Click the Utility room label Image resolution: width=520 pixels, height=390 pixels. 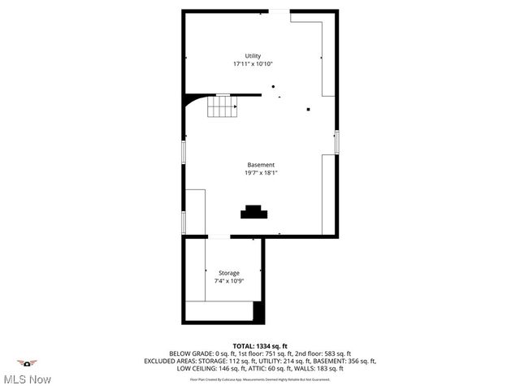[253, 55]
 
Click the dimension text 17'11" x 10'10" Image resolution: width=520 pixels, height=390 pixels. [253, 63]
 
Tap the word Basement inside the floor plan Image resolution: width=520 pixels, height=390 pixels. [261, 165]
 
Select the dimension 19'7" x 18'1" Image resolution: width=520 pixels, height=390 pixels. [261, 173]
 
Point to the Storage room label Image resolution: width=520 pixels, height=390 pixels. [228, 273]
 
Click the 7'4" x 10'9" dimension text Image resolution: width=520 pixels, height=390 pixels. [228, 281]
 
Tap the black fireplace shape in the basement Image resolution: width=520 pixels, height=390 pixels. [253, 212]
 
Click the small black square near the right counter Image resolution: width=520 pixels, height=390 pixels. [308, 109]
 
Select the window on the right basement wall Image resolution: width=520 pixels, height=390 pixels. [336, 141]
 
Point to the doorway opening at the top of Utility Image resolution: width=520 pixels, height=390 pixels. [279, 11]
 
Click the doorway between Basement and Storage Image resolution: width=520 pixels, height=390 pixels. [219, 236]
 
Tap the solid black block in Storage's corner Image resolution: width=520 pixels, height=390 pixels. [258, 312]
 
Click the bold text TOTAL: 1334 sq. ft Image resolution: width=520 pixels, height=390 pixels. [260, 345]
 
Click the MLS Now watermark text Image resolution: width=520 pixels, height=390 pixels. [28, 379]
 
